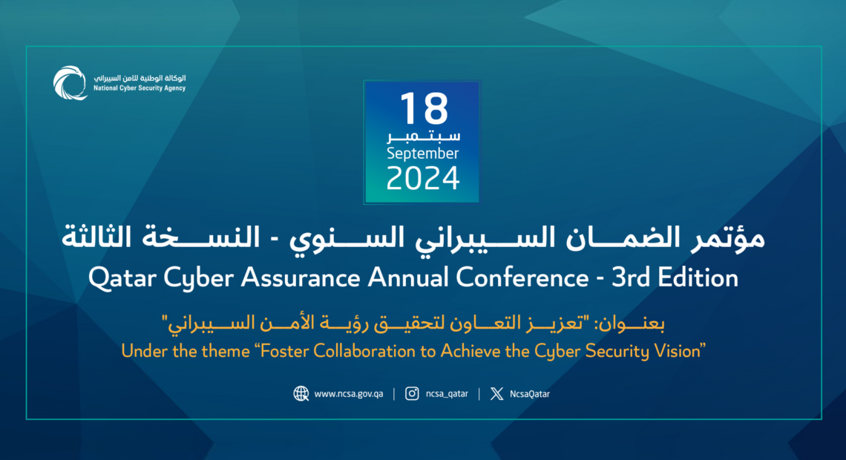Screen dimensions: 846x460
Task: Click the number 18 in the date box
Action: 424,108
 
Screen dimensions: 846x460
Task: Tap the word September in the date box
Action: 422,154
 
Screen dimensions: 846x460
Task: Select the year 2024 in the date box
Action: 423,179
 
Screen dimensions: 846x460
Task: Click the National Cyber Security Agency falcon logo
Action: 70,83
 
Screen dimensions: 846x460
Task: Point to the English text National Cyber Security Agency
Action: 140,88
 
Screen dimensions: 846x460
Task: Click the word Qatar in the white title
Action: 122,278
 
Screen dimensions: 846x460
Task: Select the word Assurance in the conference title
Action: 301,277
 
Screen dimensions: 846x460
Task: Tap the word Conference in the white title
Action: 522,277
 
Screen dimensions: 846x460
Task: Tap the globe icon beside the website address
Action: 301,394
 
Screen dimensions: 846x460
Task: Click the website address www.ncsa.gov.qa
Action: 349,394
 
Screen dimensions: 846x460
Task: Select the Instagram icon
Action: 412,394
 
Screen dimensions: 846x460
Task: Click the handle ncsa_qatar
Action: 447,394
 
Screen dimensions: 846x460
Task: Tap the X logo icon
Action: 497,394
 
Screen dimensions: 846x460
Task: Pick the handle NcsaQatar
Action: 530,394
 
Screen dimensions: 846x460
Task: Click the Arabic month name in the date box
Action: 424,136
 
